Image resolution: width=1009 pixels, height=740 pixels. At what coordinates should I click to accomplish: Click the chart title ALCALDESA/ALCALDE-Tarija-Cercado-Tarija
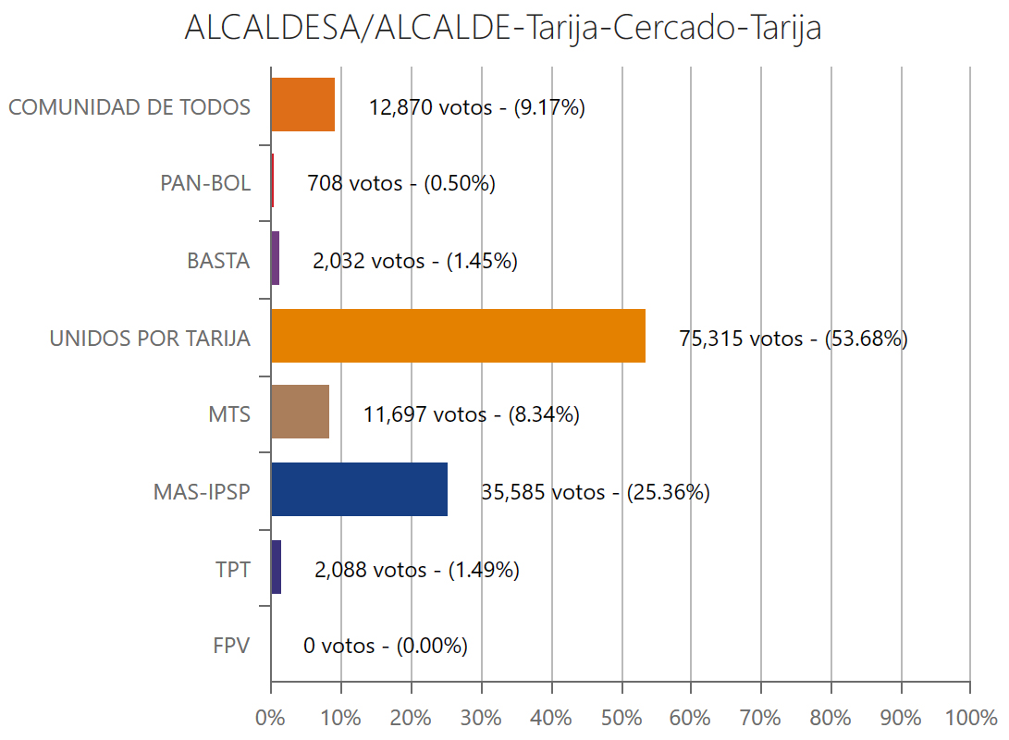(503, 28)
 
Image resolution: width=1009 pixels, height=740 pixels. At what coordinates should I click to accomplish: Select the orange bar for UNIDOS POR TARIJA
(458, 335)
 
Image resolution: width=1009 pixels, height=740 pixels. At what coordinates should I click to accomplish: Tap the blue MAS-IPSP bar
(359, 489)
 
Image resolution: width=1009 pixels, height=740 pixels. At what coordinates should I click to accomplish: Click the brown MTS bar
(300, 413)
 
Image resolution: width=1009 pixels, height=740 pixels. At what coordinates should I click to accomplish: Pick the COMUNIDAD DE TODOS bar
(302, 105)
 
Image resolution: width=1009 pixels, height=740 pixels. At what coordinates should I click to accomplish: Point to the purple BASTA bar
(275, 258)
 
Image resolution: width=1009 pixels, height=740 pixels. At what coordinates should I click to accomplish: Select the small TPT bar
(276, 567)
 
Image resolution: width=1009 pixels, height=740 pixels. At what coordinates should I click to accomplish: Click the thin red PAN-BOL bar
(272, 181)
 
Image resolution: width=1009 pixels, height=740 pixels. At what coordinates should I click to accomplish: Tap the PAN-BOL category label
(204, 183)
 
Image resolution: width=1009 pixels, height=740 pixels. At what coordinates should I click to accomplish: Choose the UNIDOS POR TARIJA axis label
(150, 339)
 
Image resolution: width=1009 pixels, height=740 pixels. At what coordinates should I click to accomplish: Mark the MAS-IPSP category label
(202, 492)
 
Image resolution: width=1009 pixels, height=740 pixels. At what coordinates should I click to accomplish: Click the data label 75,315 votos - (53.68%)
(794, 339)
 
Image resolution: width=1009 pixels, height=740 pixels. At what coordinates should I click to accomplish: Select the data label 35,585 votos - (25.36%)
(595, 492)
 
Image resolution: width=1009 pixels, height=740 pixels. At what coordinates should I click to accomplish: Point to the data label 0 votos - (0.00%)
(385, 646)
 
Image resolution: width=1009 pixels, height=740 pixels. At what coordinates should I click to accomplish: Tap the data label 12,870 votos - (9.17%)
(476, 107)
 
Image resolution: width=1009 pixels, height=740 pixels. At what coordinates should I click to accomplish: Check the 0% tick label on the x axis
(270, 718)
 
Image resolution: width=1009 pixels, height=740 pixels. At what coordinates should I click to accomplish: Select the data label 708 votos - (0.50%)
(400, 183)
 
